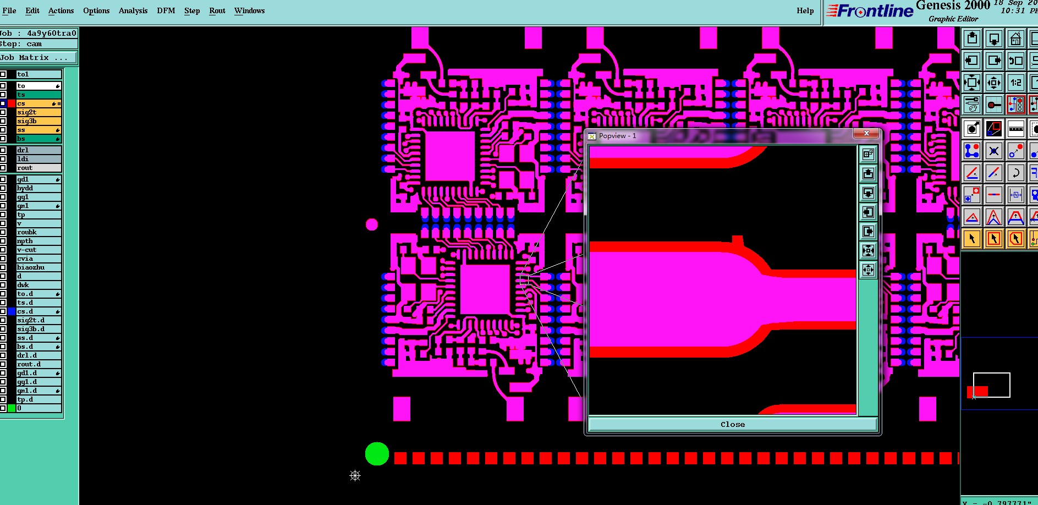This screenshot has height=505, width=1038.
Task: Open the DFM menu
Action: (x=166, y=10)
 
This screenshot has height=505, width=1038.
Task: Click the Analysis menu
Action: (x=133, y=10)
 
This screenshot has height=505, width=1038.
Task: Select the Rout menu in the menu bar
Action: (x=217, y=10)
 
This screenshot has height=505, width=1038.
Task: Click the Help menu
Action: (x=805, y=10)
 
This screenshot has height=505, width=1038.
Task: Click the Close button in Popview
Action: (x=732, y=424)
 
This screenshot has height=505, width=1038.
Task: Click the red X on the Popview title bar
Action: (x=866, y=134)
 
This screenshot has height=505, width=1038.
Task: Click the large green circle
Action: (x=377, y=454)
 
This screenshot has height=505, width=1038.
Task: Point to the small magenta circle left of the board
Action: (x=372, y=224)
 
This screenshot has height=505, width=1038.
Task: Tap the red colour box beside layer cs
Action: (x=12, y=103)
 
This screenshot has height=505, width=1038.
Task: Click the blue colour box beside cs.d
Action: (x=12, y=311)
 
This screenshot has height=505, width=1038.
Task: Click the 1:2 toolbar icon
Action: (x=1015, y=83)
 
